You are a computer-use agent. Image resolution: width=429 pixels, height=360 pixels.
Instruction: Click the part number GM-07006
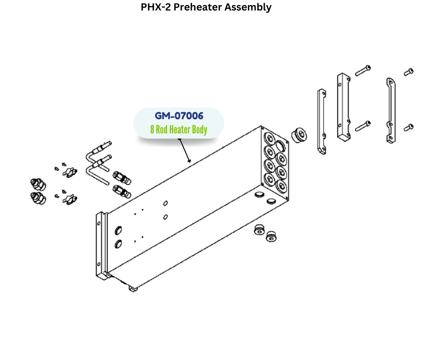coord(178,116)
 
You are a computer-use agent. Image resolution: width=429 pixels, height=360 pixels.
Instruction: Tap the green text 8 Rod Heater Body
coord(178,130)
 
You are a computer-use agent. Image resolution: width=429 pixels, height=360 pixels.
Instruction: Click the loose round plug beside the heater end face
coord(300,135)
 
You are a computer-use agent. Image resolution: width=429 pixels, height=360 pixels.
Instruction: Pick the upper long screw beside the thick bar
coord(363,70)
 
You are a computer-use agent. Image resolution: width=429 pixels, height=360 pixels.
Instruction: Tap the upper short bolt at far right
coord(408,71)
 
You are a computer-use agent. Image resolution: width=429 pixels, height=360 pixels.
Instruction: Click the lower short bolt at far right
coord(409,127)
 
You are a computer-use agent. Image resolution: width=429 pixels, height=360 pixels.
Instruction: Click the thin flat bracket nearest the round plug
coord(320,122)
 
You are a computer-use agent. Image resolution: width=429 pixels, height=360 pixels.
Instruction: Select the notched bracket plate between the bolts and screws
coord(390,111)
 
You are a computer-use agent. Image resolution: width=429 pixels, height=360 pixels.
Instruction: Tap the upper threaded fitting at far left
coord(38,185)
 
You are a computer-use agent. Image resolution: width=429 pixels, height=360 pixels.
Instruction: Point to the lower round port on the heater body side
coord(119,244)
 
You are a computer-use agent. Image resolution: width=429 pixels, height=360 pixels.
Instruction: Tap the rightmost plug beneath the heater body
coord(273,236)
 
